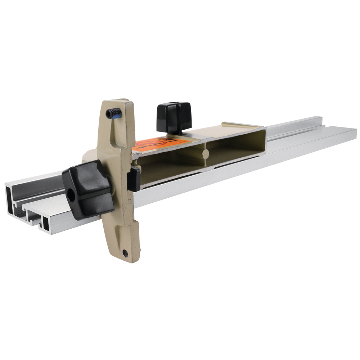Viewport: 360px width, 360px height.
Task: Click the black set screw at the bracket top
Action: (114, 114)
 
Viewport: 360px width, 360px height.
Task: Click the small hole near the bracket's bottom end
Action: (125, 253)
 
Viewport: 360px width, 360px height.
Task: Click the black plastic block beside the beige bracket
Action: (134, 179)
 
